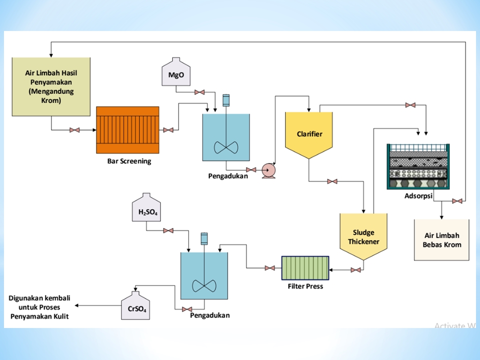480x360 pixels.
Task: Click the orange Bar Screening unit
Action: pyautogui.click(x=127, y=130)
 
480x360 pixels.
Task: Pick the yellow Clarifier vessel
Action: pyautogui.click(x=309, y=134)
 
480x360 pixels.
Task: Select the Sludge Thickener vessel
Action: pyautogui.click(x=363, y=237)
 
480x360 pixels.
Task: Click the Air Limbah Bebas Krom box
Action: pyautogui.click(x=441, y=240)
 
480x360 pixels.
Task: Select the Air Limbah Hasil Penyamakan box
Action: pyautogui.click(x=51, y=86)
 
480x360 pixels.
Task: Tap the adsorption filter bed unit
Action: pyautogui.click(x=418, y=166)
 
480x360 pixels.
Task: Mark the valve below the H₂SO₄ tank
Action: pyautogui.click(x=168, y=230)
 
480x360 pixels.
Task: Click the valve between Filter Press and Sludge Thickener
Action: pyautogui.click(x=356, y=270)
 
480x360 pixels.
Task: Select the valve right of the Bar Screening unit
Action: pyautogui.click(x=168, y=130)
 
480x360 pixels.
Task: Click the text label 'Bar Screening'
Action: pyautogui.click(x=129, y=161)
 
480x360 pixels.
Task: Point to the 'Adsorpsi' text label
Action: pyautogui.click(x=418, y=195)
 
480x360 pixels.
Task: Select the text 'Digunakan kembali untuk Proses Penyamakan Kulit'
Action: pyautogui.click(x=39, y=307)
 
